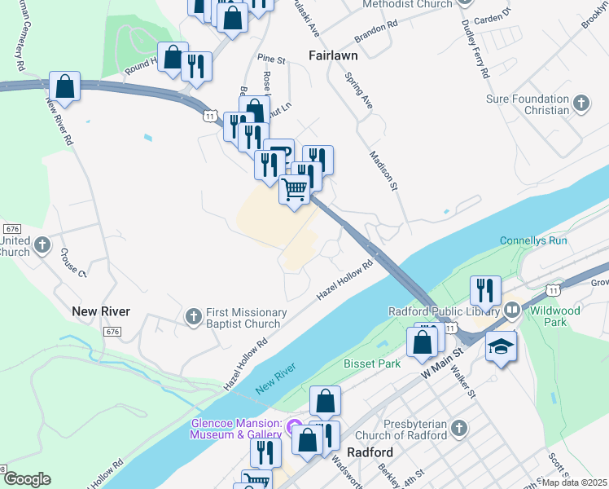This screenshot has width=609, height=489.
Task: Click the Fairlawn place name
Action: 334,55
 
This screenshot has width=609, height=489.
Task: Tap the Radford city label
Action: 370,452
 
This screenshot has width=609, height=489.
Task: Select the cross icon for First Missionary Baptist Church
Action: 193,315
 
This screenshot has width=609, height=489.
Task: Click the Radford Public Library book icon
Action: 512,309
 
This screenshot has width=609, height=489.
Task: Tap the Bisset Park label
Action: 372,363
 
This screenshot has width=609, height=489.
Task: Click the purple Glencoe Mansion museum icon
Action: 295,427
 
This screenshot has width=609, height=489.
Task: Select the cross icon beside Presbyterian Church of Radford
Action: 458,428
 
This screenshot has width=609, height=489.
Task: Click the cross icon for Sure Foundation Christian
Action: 581,103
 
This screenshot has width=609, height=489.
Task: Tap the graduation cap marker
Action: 501,346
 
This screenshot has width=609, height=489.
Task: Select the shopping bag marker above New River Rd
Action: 64,86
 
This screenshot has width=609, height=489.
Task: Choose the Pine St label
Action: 271,59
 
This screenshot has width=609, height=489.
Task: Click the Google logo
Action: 27,479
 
